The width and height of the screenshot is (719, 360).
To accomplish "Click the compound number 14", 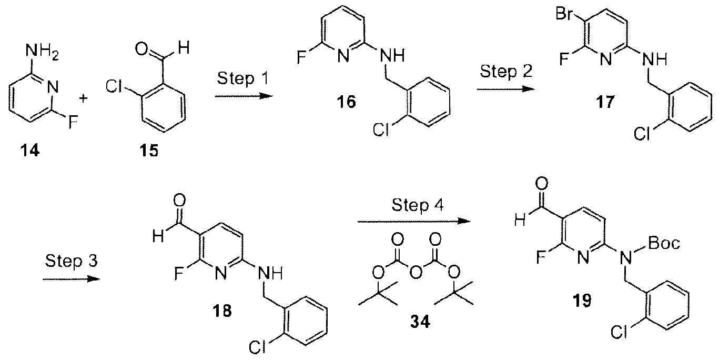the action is tap(30, 151).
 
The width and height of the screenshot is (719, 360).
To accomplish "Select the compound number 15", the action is tap(149, 151).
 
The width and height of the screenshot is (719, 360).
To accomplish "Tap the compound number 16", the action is tap(346, 102).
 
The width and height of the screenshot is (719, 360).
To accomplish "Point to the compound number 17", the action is tap(605, 102).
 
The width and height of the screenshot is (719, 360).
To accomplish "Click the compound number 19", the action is tap(582, 301).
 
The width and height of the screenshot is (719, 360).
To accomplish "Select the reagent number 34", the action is tap(420, 322).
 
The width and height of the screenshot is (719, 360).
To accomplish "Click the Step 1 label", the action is tap(242, 78).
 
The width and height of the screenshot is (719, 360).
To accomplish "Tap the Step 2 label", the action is tap(506, 71).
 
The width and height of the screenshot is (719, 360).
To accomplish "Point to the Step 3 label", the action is tap(71, 261).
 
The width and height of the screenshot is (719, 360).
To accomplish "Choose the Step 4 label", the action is tap(418, 205).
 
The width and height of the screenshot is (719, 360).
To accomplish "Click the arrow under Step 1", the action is tap(244, 96).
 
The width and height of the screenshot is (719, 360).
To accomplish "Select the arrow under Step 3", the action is tap(71, 279).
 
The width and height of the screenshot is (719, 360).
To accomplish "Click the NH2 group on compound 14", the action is tap(42, 52).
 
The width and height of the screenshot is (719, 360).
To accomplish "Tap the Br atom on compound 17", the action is tap(565, 14).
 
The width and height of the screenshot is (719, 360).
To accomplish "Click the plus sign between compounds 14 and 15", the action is tap(83, 98).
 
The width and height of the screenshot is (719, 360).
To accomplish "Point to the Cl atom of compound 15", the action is tap(114, 86).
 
